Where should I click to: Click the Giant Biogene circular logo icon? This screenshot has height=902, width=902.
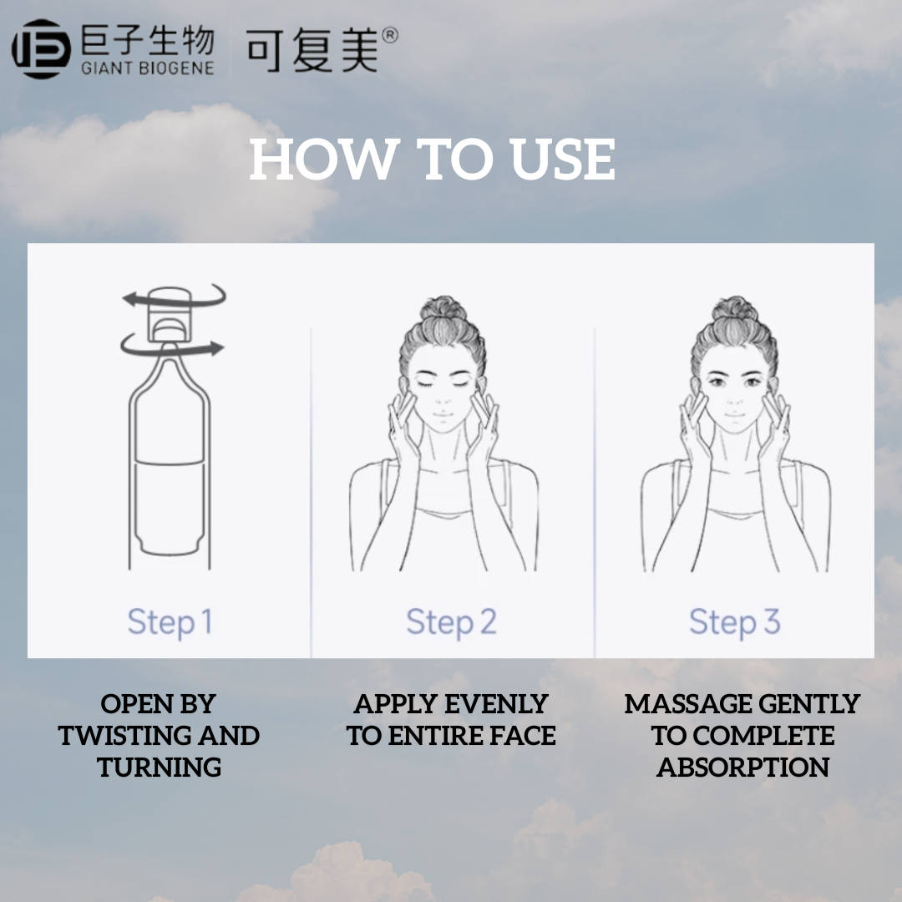41,49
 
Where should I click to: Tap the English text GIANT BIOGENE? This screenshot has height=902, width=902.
147,68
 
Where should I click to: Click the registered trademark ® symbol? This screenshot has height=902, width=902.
389,35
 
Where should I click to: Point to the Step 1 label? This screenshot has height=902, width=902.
170,622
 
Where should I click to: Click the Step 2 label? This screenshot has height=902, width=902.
451,622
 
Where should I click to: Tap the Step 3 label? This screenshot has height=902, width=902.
734,622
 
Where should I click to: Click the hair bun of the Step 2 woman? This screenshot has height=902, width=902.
443,311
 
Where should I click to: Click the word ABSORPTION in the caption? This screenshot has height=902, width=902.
742,768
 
